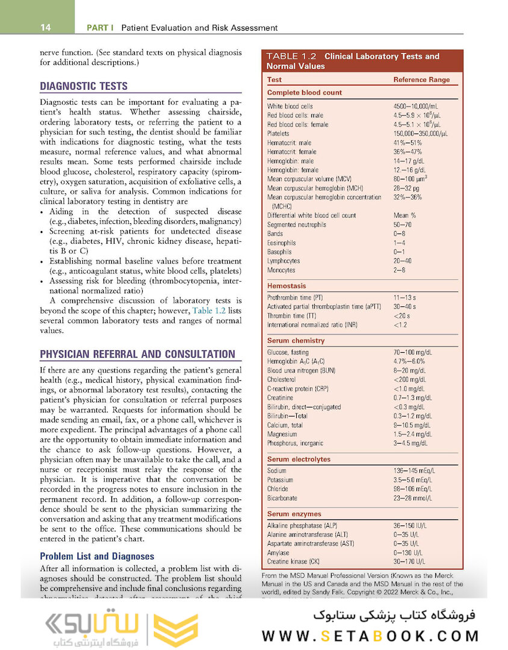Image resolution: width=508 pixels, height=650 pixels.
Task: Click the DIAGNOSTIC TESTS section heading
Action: pos(84,86)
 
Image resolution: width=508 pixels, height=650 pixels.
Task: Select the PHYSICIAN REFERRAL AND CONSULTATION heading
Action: pos(137,354)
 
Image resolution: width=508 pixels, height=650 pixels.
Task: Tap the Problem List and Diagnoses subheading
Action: pos(97,556)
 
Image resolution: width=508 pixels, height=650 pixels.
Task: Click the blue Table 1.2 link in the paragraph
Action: pos(208,311)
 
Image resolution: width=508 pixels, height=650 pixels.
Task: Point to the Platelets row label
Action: pos(278,134)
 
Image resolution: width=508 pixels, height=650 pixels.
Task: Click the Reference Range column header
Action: pos(421,79)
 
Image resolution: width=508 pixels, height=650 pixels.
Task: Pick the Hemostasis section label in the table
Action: pos(287,286)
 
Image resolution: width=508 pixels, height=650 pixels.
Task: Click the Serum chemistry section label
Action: pos(296,341)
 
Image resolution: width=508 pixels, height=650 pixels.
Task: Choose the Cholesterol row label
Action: pos(281,380)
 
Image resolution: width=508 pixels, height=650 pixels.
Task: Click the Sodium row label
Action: pos(277,471)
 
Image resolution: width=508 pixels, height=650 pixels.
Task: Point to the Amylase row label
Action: pos(278,552)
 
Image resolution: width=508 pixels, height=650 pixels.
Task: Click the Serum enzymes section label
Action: pos(294,514)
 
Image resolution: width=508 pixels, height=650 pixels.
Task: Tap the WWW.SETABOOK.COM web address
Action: pos(371,636)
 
